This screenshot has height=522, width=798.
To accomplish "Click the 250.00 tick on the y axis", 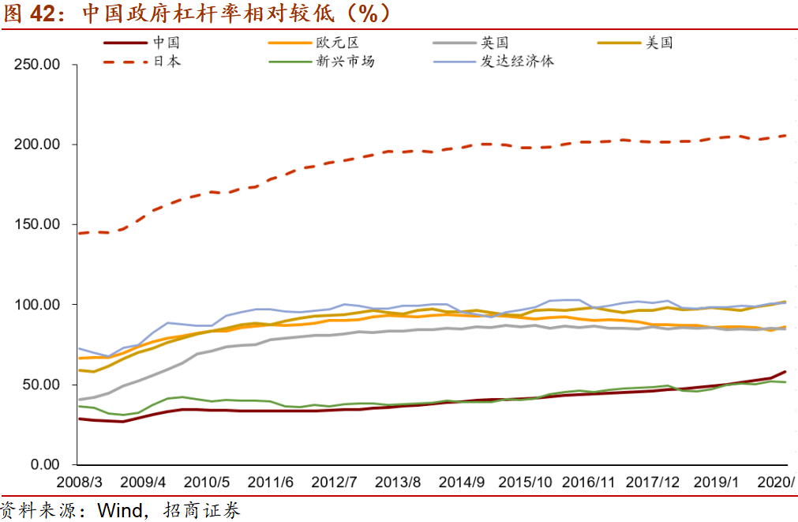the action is (37, 65).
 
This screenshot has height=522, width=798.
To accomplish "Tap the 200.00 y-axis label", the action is (37, 145).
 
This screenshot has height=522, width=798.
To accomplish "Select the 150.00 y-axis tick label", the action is (37, 224).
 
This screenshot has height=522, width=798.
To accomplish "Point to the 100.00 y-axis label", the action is (37, 305).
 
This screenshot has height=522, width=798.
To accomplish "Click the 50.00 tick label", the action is (41, 385).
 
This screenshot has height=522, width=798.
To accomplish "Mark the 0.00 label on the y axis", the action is (45, 464).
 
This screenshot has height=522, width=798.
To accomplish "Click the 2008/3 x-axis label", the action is (80, 483).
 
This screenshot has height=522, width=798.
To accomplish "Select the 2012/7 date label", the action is (335, 483).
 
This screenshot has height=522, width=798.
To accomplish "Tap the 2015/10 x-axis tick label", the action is (525, 483).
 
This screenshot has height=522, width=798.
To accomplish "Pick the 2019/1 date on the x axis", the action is (716, 483).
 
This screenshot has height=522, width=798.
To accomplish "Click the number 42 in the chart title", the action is (43, 13).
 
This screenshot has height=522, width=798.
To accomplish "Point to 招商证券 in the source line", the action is (201, 510).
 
